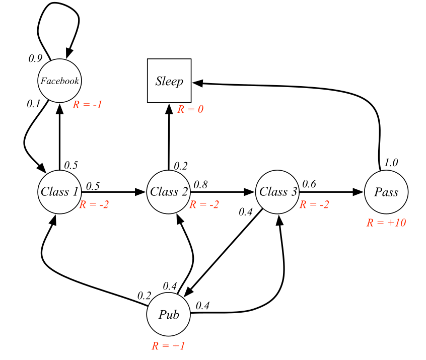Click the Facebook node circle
59,81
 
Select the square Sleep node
169,81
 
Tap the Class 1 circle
59,192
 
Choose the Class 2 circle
169,192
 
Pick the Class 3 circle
277,192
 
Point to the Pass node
386,192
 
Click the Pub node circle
169,315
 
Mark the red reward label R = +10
386,222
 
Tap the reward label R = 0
190,109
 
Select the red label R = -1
89,105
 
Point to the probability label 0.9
35,58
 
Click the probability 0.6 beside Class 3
310,184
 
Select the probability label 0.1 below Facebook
33,104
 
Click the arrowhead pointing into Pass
358,192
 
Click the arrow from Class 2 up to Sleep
169,136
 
